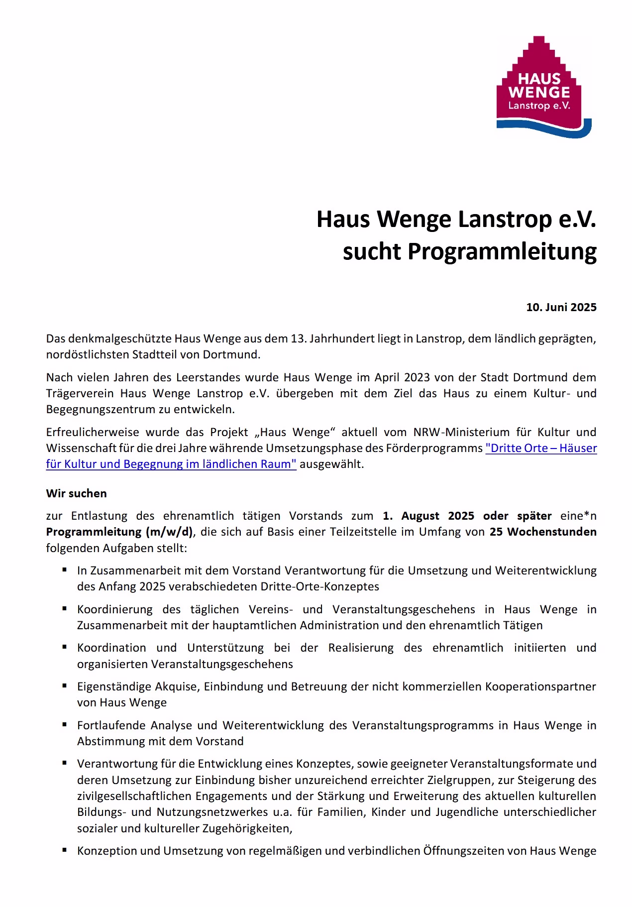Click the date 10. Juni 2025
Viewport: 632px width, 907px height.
(x=561, y=307)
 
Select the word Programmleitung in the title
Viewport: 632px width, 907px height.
(x=502, y=252)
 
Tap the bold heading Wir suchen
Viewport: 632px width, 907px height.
(x=77, y=493)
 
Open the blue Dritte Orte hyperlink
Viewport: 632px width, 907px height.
(x=541, y=448)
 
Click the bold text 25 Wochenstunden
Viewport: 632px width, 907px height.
(x=543, y=532)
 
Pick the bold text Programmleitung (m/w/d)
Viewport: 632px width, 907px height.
(x=119, y=532)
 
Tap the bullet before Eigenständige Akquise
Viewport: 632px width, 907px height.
(x=65, y=685)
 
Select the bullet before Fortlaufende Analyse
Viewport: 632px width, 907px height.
(x=65, y=724)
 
